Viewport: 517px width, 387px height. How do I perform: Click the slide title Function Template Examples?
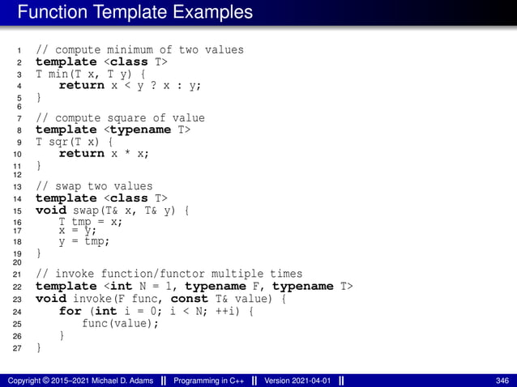pos(135,12)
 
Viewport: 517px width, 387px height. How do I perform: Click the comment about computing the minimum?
pos(139,49)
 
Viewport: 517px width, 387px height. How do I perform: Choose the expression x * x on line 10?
pos(129,153)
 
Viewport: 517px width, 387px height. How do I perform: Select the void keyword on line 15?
pos(50,210)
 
